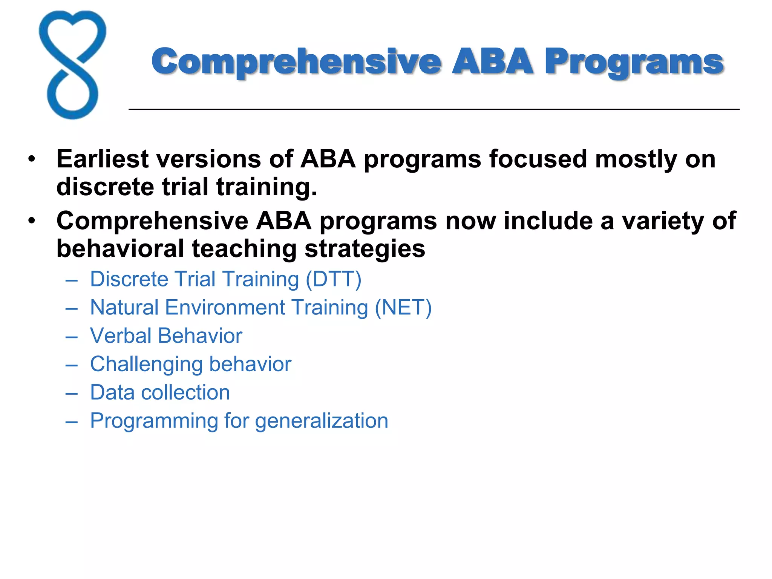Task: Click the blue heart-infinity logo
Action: pyautogui.click(x=72, y=65)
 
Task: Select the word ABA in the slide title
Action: pyautogui.click(x=492, y=61)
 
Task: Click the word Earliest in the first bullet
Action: pyautogui.click(x=102, y=159)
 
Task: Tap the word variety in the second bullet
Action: pyautogui.click(x=663, y=221)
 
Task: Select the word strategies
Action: pyautogui.click(x=365, y=249)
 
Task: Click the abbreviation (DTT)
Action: pyautogui.click(x=333, y=279)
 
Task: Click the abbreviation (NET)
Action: pyautogui.click(x=403, y=308)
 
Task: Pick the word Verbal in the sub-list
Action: pyautogui.click(x=121, y=335)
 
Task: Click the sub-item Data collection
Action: pyautogui.click(x=160, y=392)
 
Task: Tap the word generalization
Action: pyautogui.click(x=321, y=421)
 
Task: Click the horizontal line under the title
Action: pyautogui.click(x=433, y=109)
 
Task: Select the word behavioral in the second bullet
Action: pyautogui.click(x=120, y=249)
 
